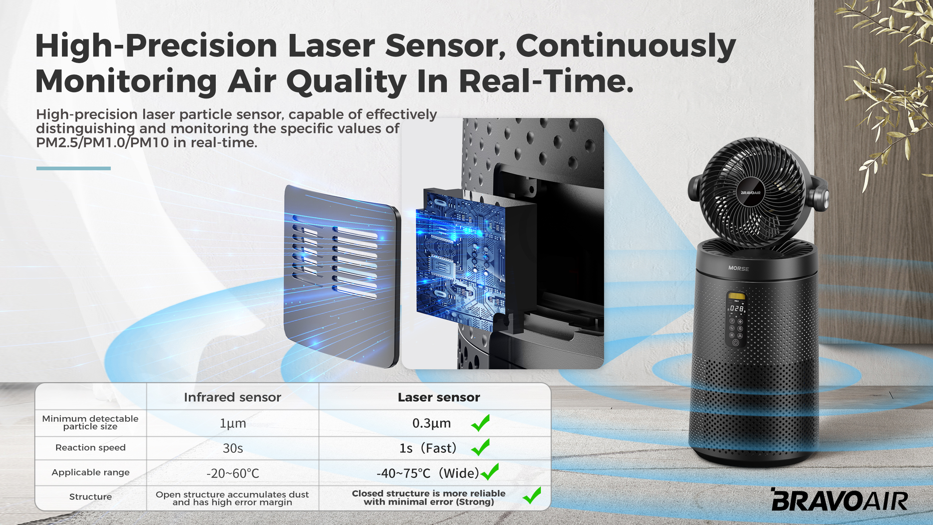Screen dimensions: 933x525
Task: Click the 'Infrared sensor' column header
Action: click(x=233, y=397)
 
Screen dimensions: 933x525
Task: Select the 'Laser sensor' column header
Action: click(x=439, y=397)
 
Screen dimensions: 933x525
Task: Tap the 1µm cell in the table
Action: click(x=233, y=423)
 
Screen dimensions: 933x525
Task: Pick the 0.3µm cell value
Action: click(x=432, y=423)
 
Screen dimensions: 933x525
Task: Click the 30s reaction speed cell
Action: click(x=233, y=448)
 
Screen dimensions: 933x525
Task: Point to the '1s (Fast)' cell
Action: click(x=428, y=448)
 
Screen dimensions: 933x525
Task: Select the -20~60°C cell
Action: click(x=233, y=473)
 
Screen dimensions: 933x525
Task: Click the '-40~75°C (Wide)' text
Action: click(x=428, y=473)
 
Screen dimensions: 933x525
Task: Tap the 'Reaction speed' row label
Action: click(x=90, y=448)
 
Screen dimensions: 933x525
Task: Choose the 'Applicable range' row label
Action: click(x=90, y=472)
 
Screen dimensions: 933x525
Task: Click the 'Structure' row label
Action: click(x=90, y=497)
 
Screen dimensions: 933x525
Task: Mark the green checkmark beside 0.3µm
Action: click(x=480, y=423)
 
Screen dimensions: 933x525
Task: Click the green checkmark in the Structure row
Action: click(x=532, y=495)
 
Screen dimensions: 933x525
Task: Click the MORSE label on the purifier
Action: click(x=738, y=268)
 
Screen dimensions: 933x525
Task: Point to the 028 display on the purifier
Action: click(x=737, y=308)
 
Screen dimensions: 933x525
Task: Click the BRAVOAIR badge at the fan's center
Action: click(x=751, y=192)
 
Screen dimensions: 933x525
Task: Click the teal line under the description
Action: click(x=74, y=168)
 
